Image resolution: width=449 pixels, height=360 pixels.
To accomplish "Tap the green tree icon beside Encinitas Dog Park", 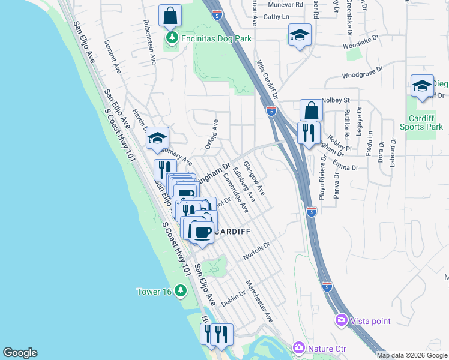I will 173,38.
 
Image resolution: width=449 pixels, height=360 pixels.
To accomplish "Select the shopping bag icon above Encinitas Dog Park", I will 170,16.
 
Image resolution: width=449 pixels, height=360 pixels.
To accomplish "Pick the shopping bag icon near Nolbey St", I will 311,110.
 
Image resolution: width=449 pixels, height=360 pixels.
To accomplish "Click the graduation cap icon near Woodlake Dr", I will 300,35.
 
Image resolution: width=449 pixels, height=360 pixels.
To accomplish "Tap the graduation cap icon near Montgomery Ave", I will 157,139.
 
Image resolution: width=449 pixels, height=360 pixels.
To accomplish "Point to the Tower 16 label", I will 155,292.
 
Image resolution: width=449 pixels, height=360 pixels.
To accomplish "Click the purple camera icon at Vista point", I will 342,321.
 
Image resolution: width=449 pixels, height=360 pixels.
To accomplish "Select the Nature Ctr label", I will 324,348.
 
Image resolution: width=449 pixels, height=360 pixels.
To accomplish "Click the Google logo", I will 20,353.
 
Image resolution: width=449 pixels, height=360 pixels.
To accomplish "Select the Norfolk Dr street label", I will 258,251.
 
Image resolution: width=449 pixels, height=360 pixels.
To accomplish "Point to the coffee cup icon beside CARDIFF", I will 202,231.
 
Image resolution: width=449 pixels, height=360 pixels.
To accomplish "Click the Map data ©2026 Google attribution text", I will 412,355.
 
